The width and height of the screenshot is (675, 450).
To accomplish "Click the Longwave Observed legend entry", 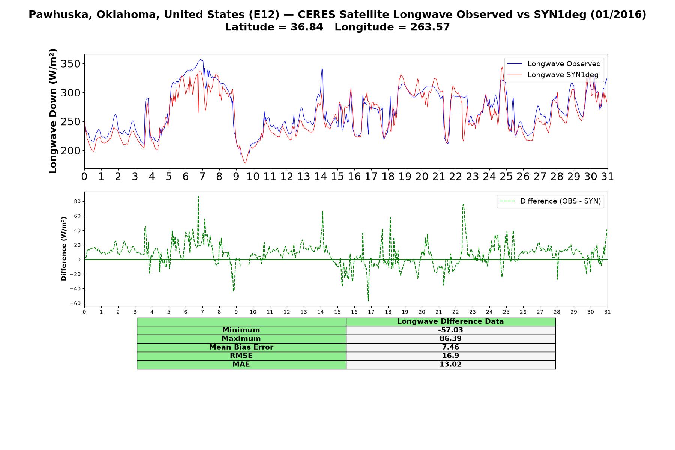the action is point(554,64).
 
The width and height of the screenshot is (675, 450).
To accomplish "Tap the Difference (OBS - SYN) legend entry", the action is point(550,201).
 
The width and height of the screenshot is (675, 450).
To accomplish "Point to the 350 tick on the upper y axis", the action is point(70,64).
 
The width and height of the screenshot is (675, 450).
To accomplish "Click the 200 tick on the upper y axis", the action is point(70,150).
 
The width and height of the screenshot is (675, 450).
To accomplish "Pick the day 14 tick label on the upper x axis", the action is point(320,177).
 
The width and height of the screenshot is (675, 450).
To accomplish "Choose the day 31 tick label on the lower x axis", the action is point(607,312).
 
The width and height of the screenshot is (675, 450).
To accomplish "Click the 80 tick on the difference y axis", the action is point(78,202).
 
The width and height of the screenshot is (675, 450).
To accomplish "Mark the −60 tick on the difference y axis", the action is point(76,303).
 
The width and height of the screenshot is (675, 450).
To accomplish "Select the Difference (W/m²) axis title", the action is point(64,249).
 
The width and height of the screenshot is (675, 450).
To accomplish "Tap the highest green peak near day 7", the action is point(198,196).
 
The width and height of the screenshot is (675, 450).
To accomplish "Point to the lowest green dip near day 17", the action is point(368,300).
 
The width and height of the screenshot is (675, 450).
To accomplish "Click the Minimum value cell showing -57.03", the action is point(450,330).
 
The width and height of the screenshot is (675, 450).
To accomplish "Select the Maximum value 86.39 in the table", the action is point(450,339).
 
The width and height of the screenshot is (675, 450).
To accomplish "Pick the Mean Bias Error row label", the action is point(241,347).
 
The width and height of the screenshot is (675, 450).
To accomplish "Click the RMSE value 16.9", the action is point(450,356).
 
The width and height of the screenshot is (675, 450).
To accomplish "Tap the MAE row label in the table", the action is point(241,364).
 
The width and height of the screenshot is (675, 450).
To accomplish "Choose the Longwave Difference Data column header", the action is point(450,321).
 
